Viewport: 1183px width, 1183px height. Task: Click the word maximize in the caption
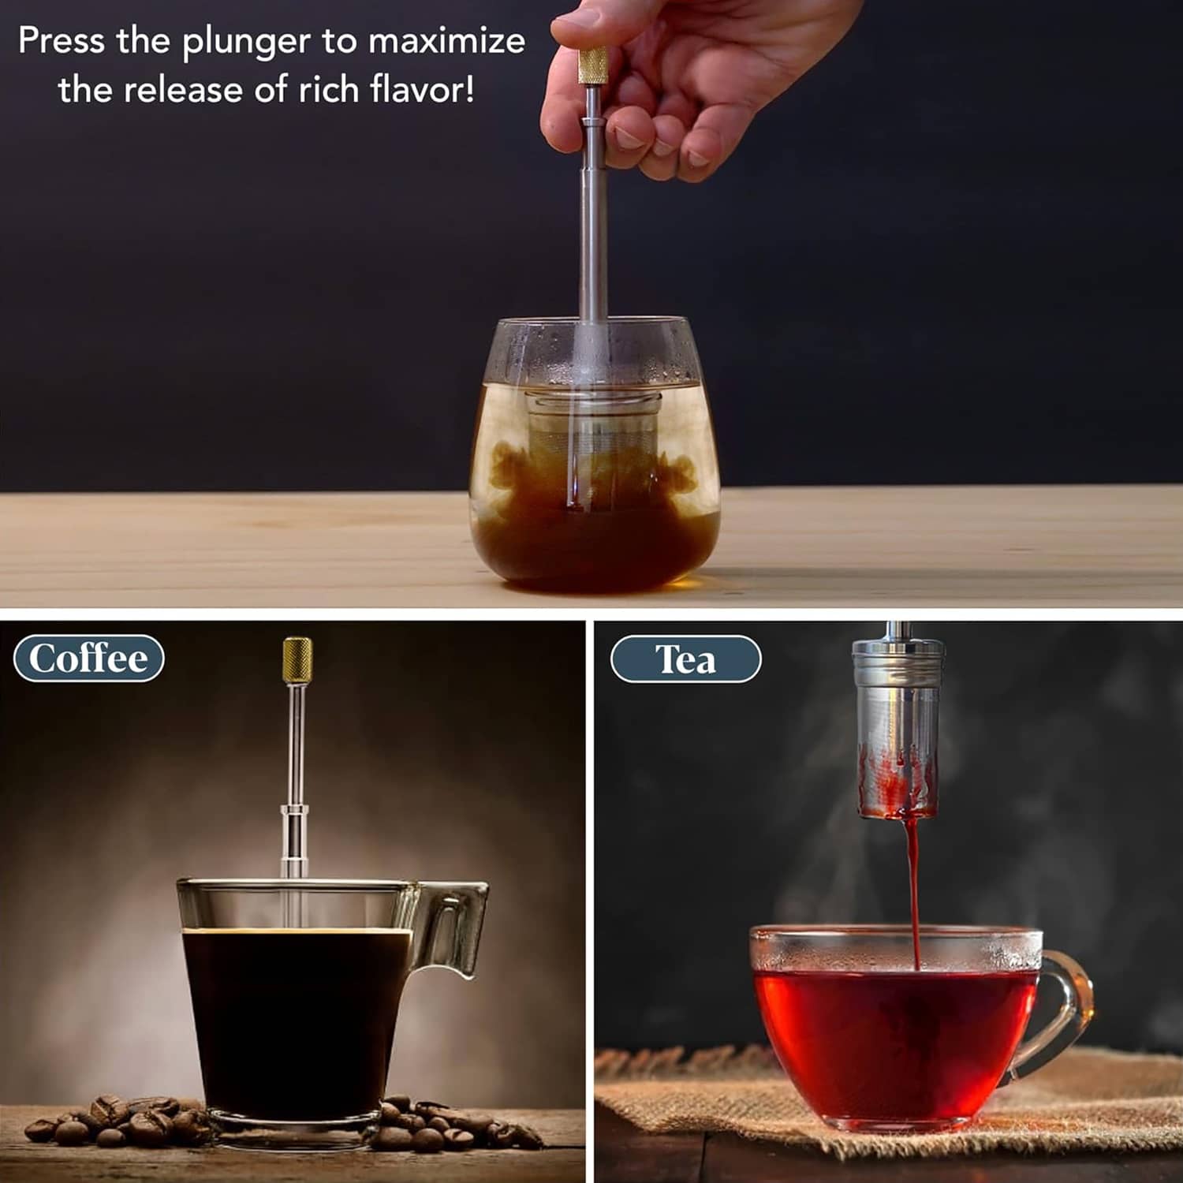tap(446, 41)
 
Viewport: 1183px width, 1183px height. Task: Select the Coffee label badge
tap(89, 659)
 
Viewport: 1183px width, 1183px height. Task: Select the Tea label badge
tap(686, 659)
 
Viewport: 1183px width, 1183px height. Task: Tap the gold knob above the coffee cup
tap(297, 661)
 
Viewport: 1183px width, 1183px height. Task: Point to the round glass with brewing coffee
tap(594, 455)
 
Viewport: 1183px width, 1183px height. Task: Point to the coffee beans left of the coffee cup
tap(118, 1120)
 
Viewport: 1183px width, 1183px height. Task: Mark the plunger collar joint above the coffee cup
tap(293, 812)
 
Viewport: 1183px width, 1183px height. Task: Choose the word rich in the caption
tap(327, 88)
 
